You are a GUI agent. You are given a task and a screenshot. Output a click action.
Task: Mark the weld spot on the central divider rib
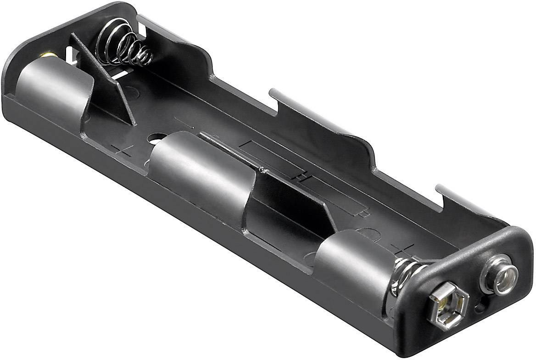(x=262, y=170)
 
